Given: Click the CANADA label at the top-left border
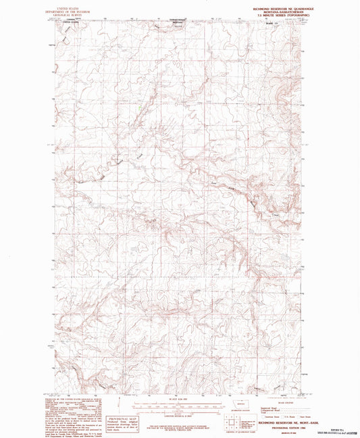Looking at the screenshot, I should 70,20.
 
